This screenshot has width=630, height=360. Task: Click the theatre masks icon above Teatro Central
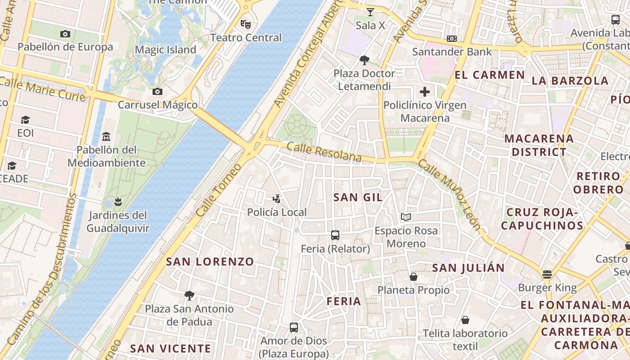pyautogui.click(x=245, y=23)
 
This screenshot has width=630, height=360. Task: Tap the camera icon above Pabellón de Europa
pyautogui.click(x=65, y=34)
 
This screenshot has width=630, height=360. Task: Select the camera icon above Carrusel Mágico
pyautogui.click(x=157, y=91)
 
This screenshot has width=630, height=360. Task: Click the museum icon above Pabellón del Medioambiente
pyautogui.click(x=106, y=136)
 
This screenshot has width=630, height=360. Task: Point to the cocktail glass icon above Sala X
pyautogui.click(x=370, y=12)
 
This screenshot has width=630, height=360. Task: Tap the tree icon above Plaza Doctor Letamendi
pyautogui.click(x=364, y=60)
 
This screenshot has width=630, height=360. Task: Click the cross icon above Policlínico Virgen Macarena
pyautogui.click(x=424, y=92)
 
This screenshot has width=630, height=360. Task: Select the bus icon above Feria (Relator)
pyautogui.click(x=335, y=235)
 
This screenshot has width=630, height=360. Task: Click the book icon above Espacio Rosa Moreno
pyautogui.click(x=406, y=217)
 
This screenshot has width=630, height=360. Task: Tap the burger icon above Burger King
pyautogui.click(x=547, y=274)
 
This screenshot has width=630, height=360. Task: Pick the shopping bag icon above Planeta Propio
pyautogui.click(x=413, y=277)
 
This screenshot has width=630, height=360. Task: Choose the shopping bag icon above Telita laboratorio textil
pyautogui.click(x=465, y=320)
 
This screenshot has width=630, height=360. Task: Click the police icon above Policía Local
pyautogui.click(x=277, y=198)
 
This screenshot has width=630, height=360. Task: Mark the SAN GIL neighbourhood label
pyautogui.click(x=358, y=197)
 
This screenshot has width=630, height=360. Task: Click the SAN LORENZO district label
pyautogui.click(x=210, y=261)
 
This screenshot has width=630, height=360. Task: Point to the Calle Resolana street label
pyautogui.click(x=324, y=152)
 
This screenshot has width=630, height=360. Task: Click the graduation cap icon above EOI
pyautogui.click(x=25, y=120)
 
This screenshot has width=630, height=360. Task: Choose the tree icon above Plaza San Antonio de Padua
pyautogui.click(x=189, y=296)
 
